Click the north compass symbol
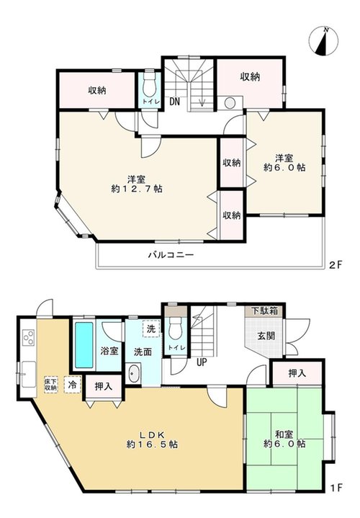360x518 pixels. (323, 42)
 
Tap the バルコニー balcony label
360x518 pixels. (171, 255)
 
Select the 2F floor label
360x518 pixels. (336, 264)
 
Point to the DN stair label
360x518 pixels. (174, 102)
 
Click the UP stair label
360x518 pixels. (202, 362)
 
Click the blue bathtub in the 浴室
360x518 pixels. (84, 345)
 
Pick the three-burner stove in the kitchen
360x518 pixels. (28, 337)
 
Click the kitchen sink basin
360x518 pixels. (29, 375)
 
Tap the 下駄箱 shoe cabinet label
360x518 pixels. (265, 311)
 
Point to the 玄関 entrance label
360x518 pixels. (266, 336)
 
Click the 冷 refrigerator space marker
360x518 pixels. (73, 385)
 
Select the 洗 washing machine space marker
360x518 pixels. (151, 329)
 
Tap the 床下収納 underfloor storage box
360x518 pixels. (50, 385)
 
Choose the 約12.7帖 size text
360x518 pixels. (137, 189)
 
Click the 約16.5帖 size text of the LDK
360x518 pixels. (152, 445)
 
